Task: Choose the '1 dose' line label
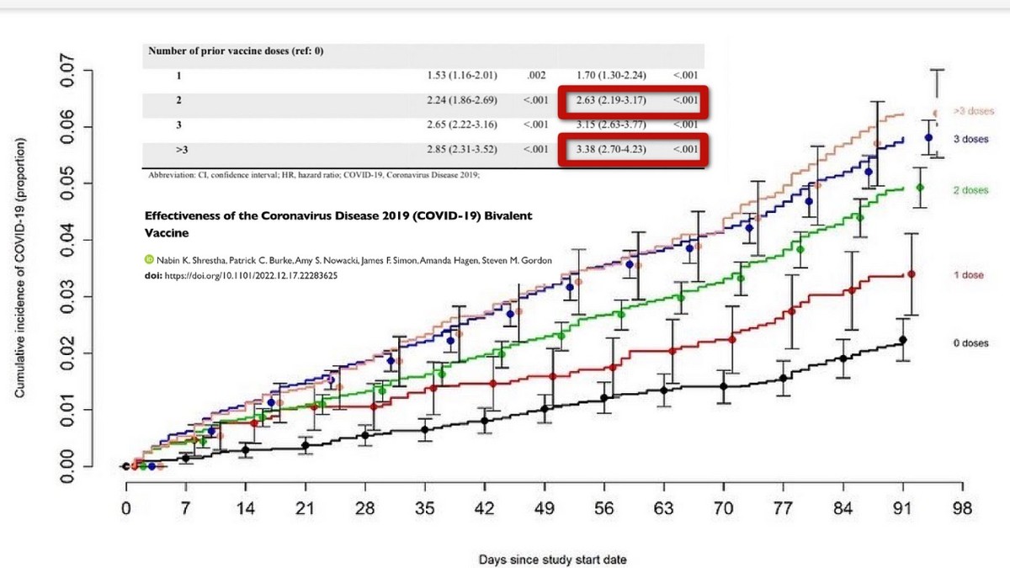(969, 275)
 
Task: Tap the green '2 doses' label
(970, 190)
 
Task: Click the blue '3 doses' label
(970, 139)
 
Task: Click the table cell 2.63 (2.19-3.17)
(610, 100)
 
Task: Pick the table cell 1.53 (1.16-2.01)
(463, 75)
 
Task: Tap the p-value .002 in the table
(536, 75)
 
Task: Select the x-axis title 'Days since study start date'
(552, 559)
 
